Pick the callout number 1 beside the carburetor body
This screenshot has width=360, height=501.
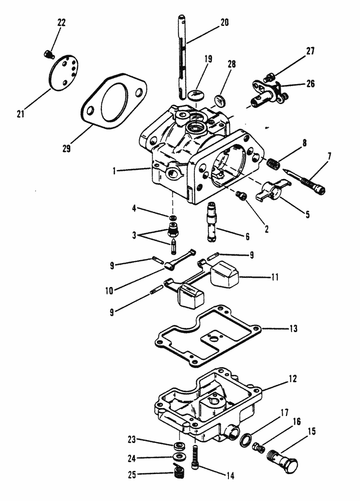pyautogui.click(x=113, y=170)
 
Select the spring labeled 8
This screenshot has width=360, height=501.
pyautogui.click(x=274, y=163)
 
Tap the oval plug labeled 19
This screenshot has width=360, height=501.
pyautogui.click(x=194, y=95)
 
